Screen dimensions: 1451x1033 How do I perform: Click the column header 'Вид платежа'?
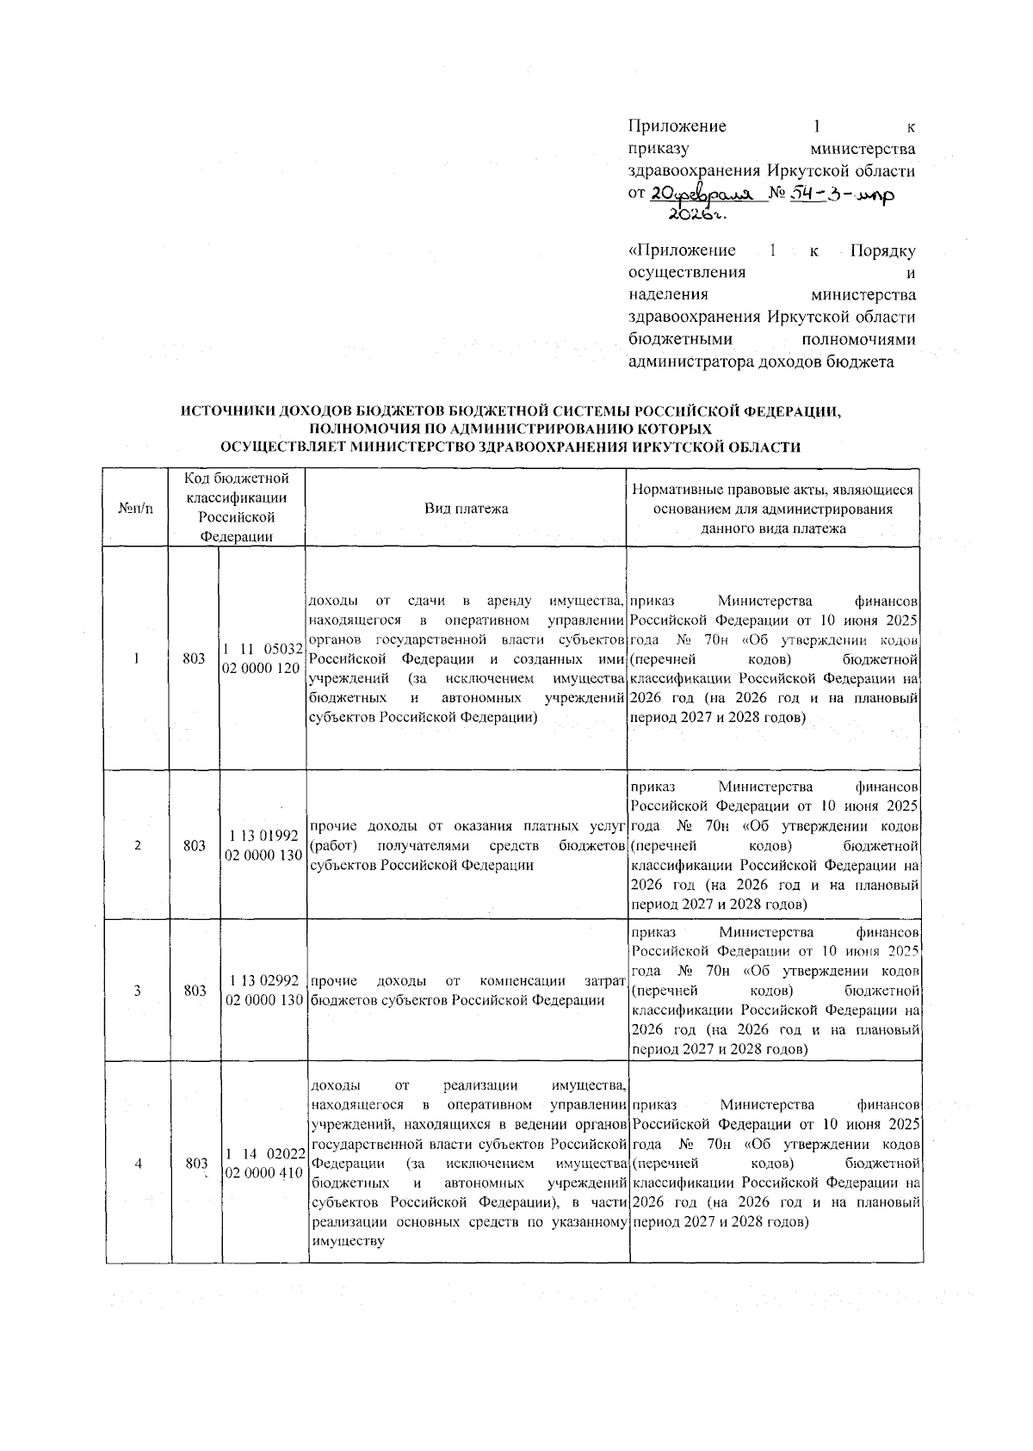pyautogui.click(x=466, y=509)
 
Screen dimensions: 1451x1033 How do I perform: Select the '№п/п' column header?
pyautogui.click(x=136, y=509)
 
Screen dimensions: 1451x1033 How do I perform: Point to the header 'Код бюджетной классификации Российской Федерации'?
pyautogui.click(x=237, y=508)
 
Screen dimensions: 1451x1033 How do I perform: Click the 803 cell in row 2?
pyautogui.click(x=195, y=845)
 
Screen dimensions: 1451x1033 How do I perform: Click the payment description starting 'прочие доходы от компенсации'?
pyautogui.click(x=466, y=991)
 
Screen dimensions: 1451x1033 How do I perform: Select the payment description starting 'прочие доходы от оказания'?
pyautogui.click(x=466, y=846)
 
